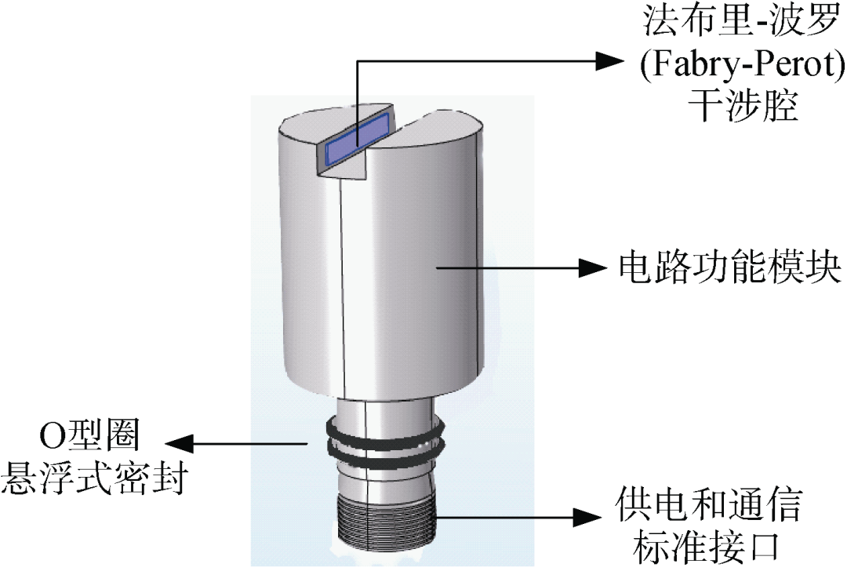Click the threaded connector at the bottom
click(x=382, y=522)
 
